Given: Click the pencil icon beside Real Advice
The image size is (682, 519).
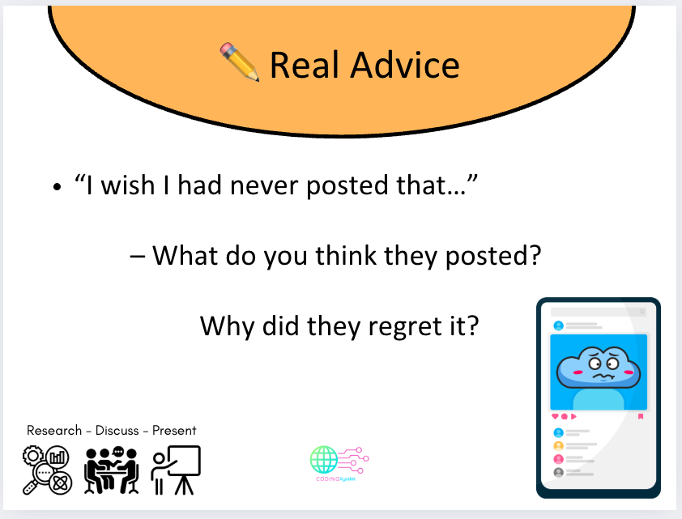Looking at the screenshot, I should click(x=239, y=63).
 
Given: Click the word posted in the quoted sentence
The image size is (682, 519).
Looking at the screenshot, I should click(x=356, y=186).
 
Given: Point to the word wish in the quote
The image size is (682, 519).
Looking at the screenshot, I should click(x=133, y=186).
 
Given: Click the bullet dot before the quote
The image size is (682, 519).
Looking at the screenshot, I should click(x=57, y=188).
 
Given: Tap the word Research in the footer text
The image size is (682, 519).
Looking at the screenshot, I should click(x=54, y=430).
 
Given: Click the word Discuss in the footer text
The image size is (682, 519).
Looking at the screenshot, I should click(x=117, y=430).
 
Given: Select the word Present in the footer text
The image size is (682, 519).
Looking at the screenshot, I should click(x=175, y=430).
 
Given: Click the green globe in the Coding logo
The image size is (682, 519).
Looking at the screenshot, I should click(x=324, y=460).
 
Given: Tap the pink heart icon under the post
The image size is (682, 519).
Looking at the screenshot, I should click(x=555, y=416).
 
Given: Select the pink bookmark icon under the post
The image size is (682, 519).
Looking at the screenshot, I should click(x=641, y=416).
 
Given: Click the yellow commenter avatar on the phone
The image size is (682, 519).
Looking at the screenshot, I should click(x=558, y=446).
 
